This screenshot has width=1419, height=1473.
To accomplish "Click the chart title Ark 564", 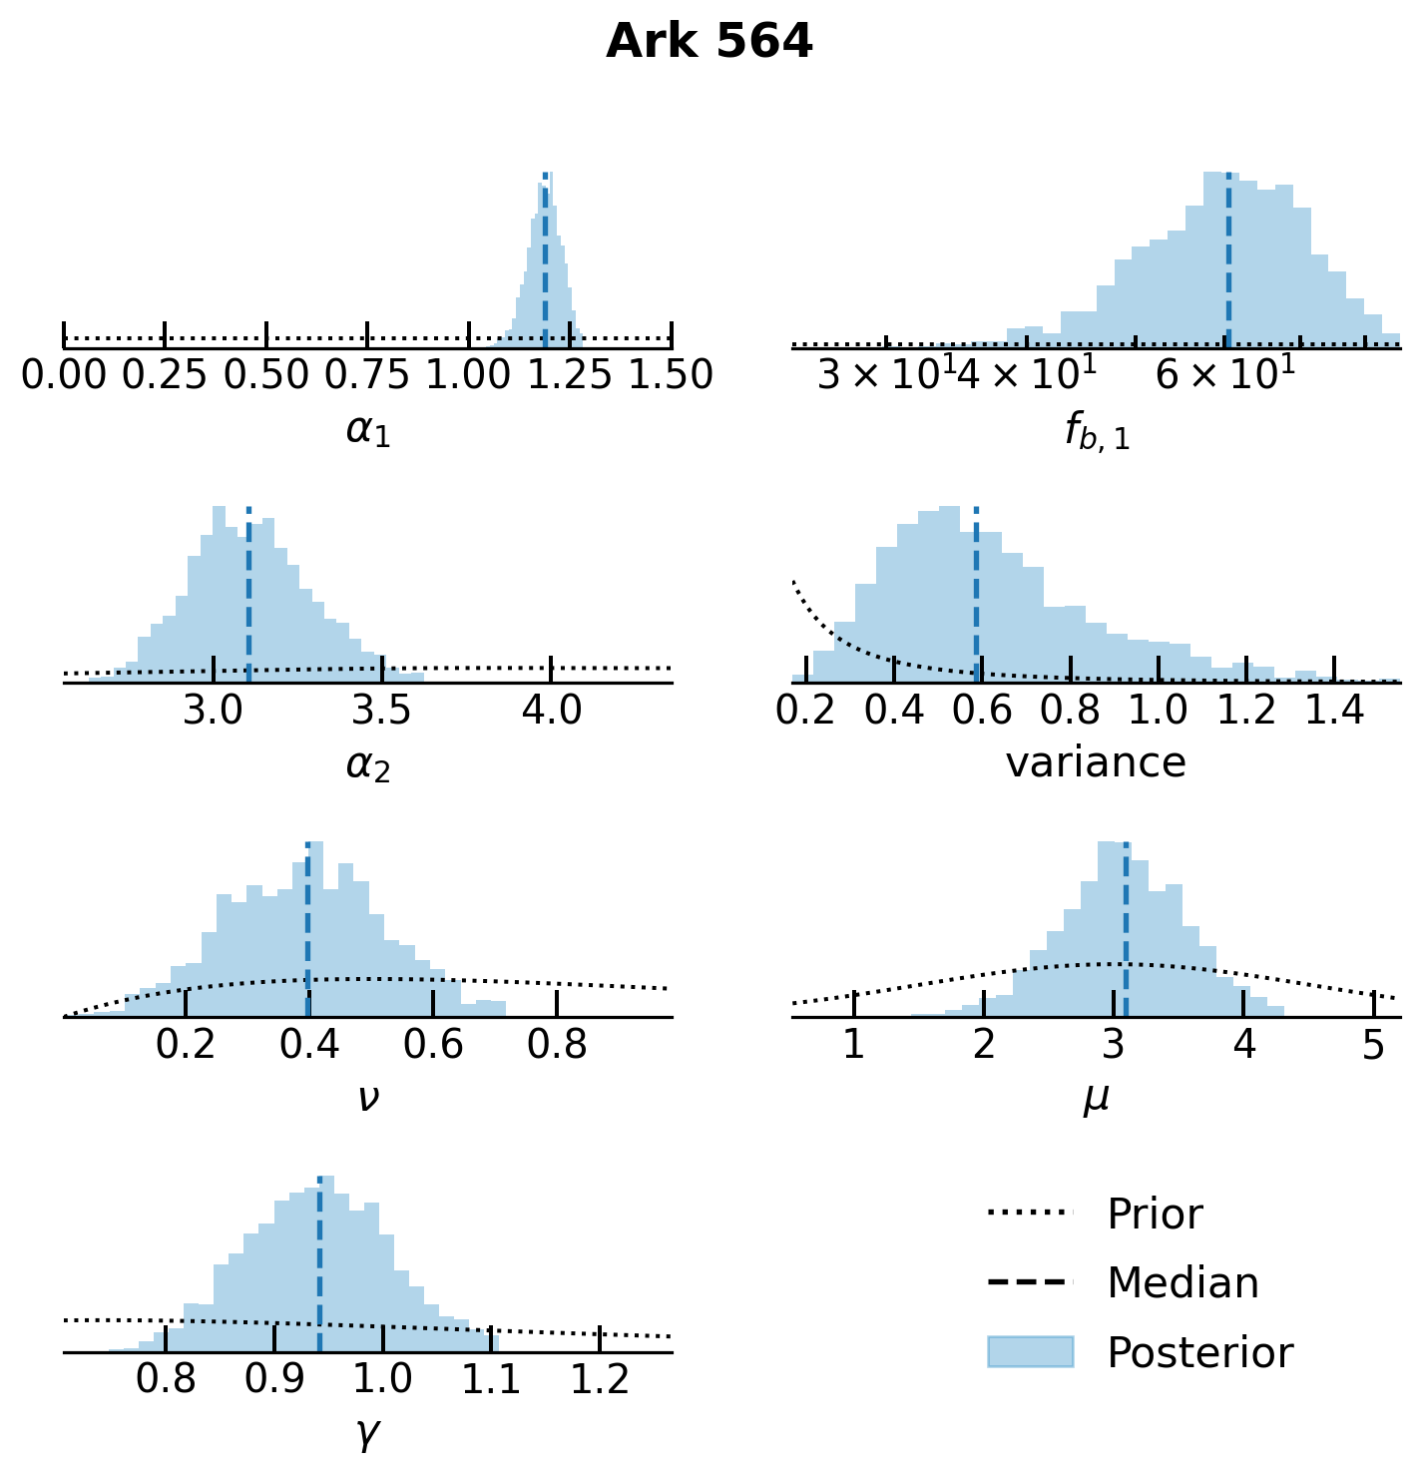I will tap(709, 42).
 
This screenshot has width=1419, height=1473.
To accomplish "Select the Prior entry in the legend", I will tap(1154, 1215).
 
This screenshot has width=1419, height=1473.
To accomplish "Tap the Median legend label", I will tap(1182, 1282).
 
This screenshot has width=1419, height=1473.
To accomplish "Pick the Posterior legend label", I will tap(1199, 1353).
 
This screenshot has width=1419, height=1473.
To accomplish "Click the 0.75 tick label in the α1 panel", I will tap(367, 375).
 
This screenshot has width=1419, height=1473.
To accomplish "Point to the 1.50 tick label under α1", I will tap(670, 375).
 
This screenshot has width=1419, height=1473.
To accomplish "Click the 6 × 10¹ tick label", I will tap(1225, 375).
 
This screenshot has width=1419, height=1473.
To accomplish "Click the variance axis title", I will tap(1096, 763).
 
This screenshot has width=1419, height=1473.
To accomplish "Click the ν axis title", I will tap(368, 1098).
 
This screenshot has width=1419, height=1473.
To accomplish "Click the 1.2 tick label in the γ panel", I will tap(600, 1379).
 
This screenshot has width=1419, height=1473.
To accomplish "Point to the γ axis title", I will tap(368, 1434).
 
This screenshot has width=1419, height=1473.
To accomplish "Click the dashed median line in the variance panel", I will tap(976, 599).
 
